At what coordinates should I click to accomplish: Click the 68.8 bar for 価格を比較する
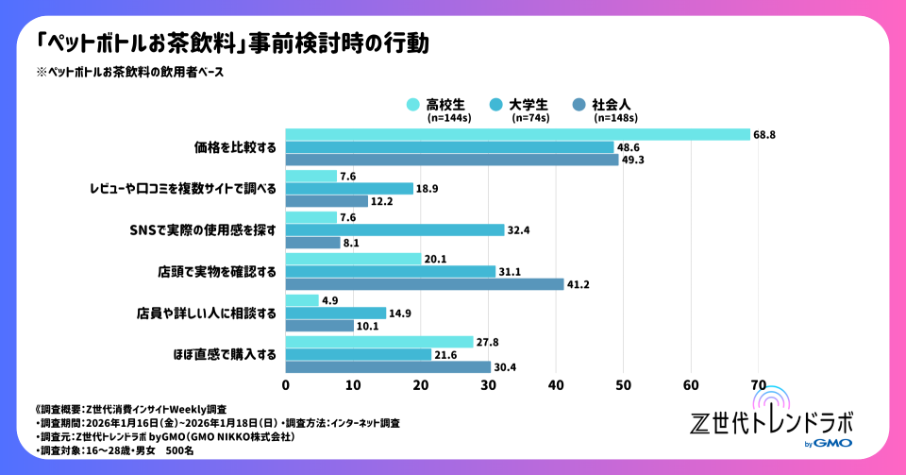pos(517,134)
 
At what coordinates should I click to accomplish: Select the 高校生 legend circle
pos(412,104)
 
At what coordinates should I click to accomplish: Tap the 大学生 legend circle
pos(495,104)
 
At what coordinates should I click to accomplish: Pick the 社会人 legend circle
pos(579,104)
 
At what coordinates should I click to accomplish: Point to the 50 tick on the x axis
pos(623,384)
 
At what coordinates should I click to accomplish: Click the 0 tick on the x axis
pos(286,384)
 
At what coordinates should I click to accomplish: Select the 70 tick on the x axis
pos(758,384)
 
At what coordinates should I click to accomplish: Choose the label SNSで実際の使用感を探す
pos(203,229)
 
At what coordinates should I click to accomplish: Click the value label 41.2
pos(578,284)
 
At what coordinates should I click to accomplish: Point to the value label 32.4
pos(518,229)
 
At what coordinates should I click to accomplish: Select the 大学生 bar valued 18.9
pos(349,188)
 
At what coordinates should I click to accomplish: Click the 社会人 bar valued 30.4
pos(388,367)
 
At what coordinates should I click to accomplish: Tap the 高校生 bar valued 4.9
pos(302,300)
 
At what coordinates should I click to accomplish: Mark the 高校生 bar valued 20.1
pos(353,259)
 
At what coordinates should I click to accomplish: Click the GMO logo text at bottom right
pos(834,444)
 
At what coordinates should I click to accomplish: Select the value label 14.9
pos(400,313)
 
